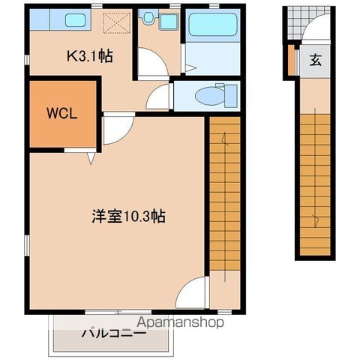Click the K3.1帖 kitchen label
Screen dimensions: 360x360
[90, 55]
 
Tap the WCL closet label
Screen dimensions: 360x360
[63, 114]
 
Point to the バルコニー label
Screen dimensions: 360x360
[112, 334]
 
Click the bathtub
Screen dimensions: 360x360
[212, 25]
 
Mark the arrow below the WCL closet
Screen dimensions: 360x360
[91, 158]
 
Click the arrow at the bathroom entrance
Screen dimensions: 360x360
[190, 67]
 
